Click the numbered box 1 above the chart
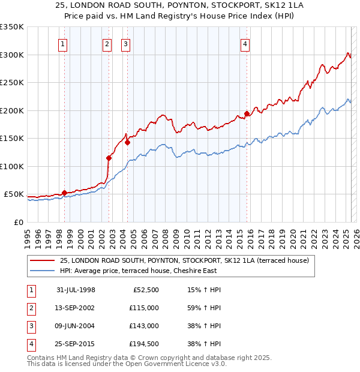point(63,43)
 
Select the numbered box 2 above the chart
point(107,43)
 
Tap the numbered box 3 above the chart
point(126,43)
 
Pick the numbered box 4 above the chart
point(245,43)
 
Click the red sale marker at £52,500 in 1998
point(64,193)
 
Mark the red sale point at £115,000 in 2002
point(109,158)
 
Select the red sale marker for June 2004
point(127,142)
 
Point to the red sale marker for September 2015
point(247,113)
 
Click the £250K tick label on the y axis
point(11,82)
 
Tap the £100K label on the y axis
point(11,166)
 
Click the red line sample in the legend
point(42,260)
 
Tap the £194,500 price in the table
point(144,344)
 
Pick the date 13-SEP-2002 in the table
point(76,308)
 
